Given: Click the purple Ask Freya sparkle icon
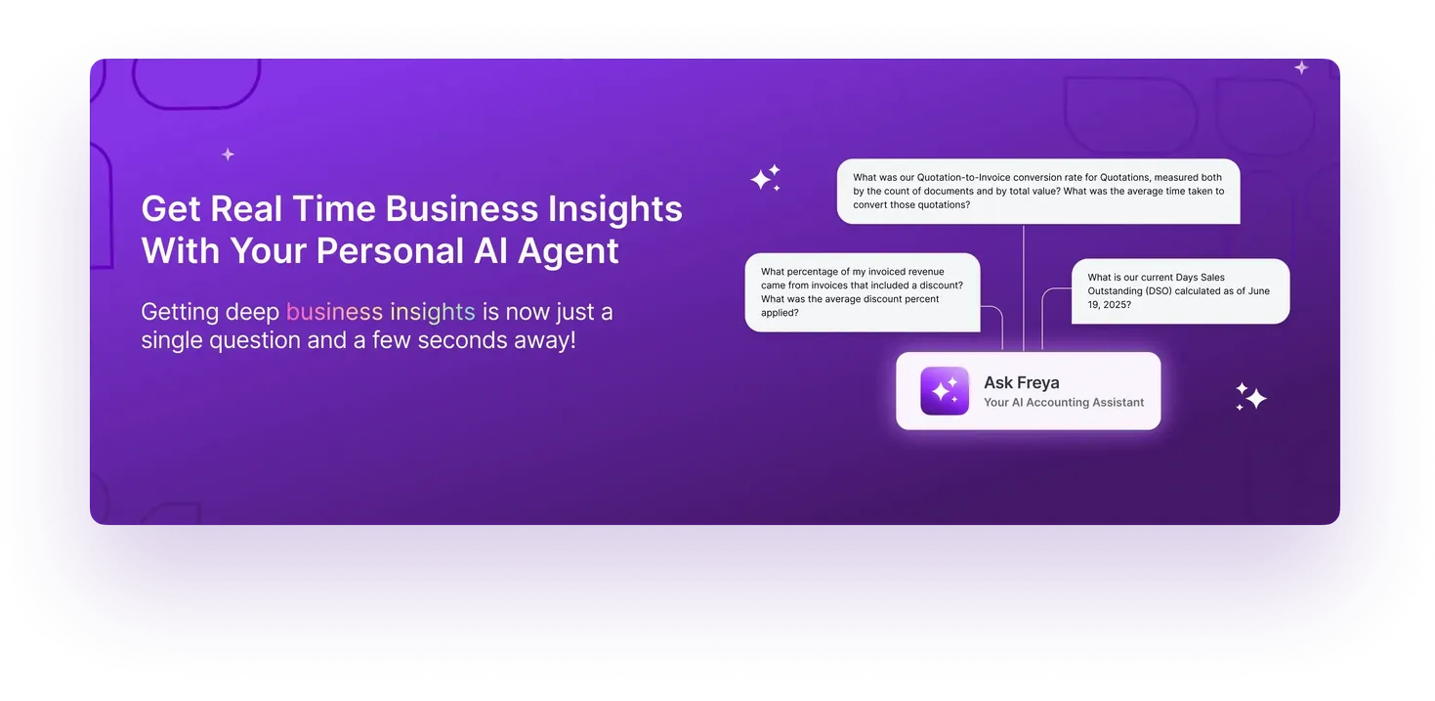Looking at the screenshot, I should click(x=944, y=391).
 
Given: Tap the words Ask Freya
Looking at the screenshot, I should click(x=1021, y=382).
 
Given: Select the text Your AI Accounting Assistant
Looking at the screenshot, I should click(x=1063, y=402).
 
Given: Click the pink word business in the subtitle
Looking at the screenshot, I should click(x=334, y=312).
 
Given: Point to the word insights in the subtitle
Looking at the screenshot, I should click(x=432, y=312).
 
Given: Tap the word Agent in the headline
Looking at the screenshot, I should click(x=569, y=251).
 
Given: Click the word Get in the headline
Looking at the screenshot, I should click(x=171, y=209).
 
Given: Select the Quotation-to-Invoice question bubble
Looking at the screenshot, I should click(x=1037, y=192).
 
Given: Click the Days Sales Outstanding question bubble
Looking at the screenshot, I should click(x=1179, y=290).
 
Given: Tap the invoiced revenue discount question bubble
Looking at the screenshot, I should click(x=862, y=292).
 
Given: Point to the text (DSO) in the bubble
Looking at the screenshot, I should click(x=1163, y=291).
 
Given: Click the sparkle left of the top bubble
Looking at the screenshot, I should click(x=765, y=178).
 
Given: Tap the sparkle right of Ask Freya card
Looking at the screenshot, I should click(x=1250, y=396).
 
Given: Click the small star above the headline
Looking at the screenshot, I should click(x=228, y=154).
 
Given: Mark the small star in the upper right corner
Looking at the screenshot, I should click(x=1301, y=67).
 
